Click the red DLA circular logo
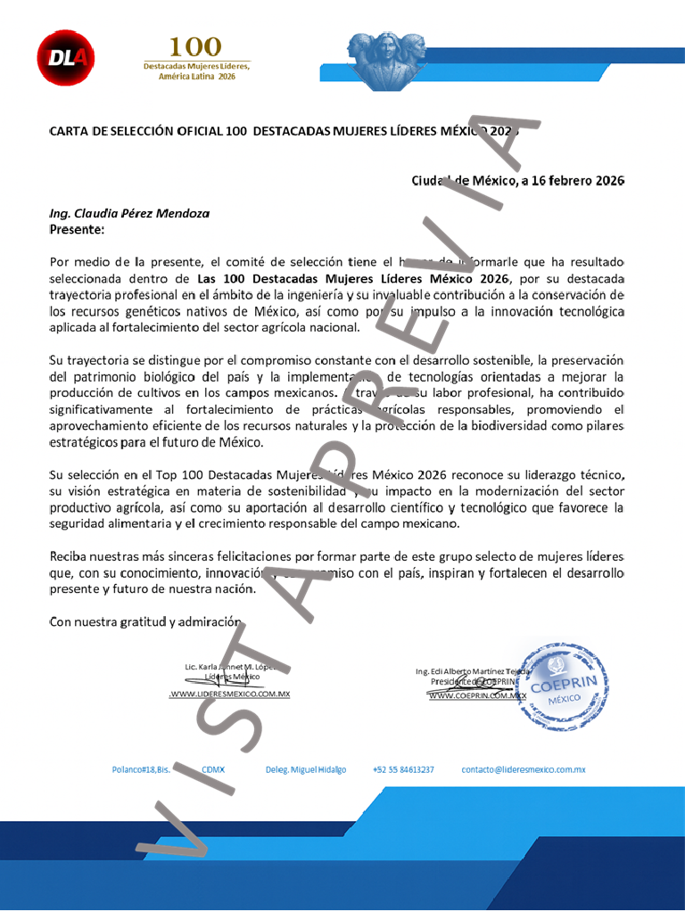pyautogui.click(x=65, y=58)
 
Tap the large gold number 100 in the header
pyautogui.click(x=196, y=46)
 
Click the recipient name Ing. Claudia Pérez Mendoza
pyautogui.click(x=130, y=214)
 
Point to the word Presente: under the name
pyautogui.click(x=78, y=230)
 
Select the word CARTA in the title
pyautogui.click(x=69, y=132)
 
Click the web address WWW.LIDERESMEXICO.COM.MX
pyautogui.click(x=230, y=694)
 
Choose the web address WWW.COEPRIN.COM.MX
pyautogui.click(x=477, y=695)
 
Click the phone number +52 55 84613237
pyautogui.click(x=403, y=768)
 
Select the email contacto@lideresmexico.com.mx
pyautogui.click(x=523, y=768)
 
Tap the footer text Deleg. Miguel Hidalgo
pyautogui.click(x=306, y=768)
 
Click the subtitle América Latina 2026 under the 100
pyautogui.click(x=197, y=78)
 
